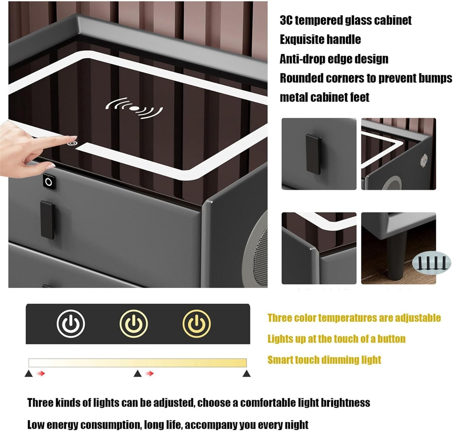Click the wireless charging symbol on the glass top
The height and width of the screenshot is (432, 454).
pos(134,108)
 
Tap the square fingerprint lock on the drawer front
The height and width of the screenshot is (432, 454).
pos(49,182)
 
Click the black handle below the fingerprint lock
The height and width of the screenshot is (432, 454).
pos(48,220)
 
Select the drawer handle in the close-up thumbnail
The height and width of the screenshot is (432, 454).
pos(313,154)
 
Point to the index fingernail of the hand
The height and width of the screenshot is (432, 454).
pos(73,137)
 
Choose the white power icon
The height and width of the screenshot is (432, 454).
pos(71,324)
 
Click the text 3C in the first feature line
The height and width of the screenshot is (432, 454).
pos(286,20)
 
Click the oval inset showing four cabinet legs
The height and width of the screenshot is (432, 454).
pos(431,263)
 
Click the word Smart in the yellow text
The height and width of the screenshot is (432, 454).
pos(280,360)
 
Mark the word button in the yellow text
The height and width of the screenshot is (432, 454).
pos(391,339)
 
